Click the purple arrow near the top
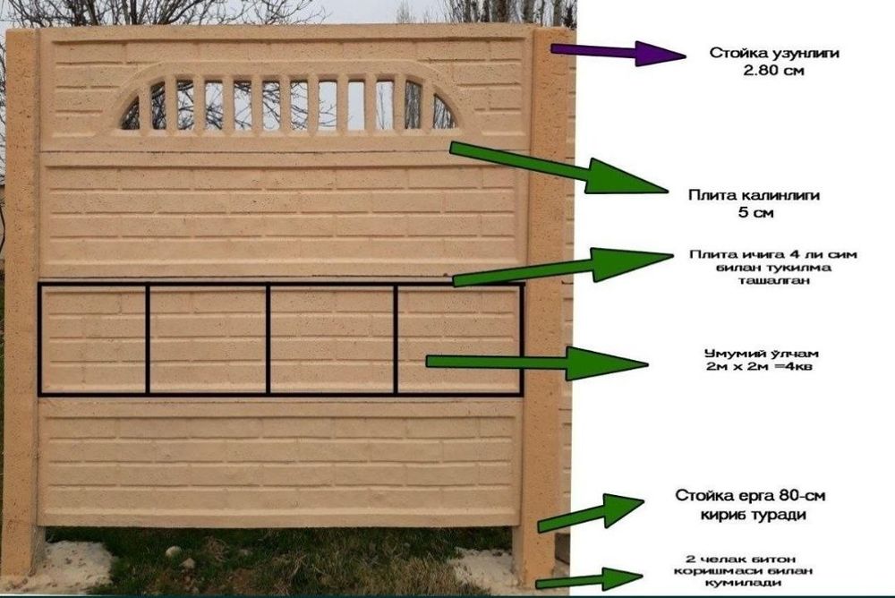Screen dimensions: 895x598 [618, 53]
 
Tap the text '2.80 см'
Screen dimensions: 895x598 [773, 72]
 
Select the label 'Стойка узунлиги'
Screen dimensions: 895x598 [774, 53]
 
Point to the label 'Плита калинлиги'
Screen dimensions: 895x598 [754, 195]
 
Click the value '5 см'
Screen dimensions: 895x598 [755, 213]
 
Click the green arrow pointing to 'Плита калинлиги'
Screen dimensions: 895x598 [558, 168]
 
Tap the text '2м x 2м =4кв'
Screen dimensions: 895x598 [759, 366]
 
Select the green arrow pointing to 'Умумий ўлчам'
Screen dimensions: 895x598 [537, 363]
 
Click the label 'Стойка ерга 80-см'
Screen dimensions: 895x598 [750, 495]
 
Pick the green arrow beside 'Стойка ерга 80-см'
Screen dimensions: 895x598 [591, 512]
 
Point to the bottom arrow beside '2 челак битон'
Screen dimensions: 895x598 [589, 579]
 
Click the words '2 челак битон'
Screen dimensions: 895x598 [740, 559]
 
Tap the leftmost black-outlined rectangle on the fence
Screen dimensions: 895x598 [93, 339]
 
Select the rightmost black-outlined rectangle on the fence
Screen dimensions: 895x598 [459, 339]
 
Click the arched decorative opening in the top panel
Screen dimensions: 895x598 [288, 103]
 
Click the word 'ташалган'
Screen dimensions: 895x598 [773, 280]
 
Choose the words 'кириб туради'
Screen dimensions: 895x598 [753, 515]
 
